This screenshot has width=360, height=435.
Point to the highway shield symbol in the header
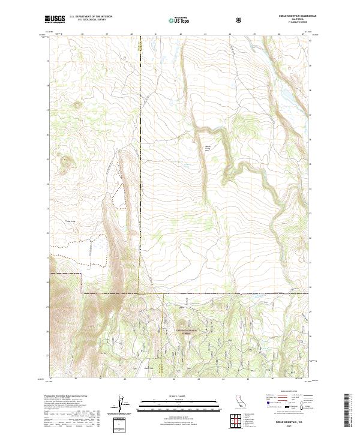(x=240, y=20)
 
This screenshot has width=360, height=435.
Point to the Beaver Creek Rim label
(x=209, y=149)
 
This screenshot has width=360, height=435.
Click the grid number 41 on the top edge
(x=155, y=34)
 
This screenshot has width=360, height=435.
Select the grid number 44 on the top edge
(x=230, y=34)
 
